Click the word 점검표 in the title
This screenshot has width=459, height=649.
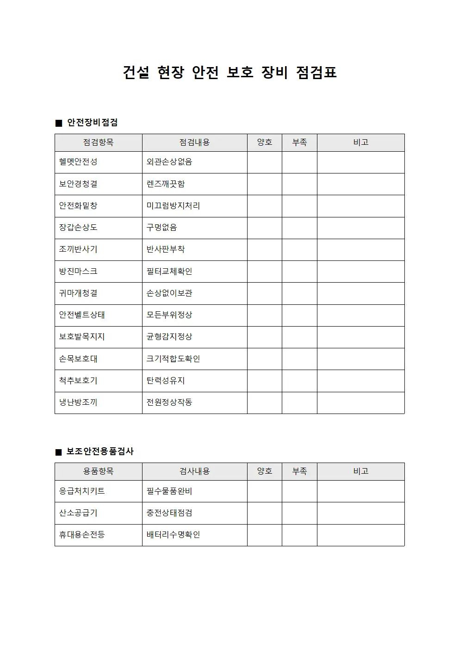coord(316,73)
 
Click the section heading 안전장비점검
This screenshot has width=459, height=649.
coord(93,123)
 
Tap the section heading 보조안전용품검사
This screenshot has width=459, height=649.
coord(100,451)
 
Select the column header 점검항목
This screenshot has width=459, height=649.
coord(98,142)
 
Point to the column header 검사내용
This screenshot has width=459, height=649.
coord(194,471)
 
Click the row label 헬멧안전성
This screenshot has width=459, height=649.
coord(78,162)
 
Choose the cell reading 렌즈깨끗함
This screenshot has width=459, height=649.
coord(166,184)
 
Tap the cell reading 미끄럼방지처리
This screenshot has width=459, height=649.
coord(173,206)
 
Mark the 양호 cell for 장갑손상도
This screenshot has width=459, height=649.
coord(264,228)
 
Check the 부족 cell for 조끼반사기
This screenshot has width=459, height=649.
coord(299,250)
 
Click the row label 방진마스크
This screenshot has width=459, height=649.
coord(78,272)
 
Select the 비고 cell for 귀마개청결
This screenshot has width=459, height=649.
coord(360,293)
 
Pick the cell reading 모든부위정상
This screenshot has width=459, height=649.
coord(169,315)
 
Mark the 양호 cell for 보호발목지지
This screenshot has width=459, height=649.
coord(264,337)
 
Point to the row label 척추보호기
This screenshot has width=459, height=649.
coord(78,381)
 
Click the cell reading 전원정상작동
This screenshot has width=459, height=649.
coord(169,402)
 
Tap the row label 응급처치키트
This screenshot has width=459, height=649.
coord(82,491)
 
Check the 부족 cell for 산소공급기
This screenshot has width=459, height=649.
coord(299,513)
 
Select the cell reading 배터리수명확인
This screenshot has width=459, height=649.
coord(173,535)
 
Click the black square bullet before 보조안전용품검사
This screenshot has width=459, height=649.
coord(58,452)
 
